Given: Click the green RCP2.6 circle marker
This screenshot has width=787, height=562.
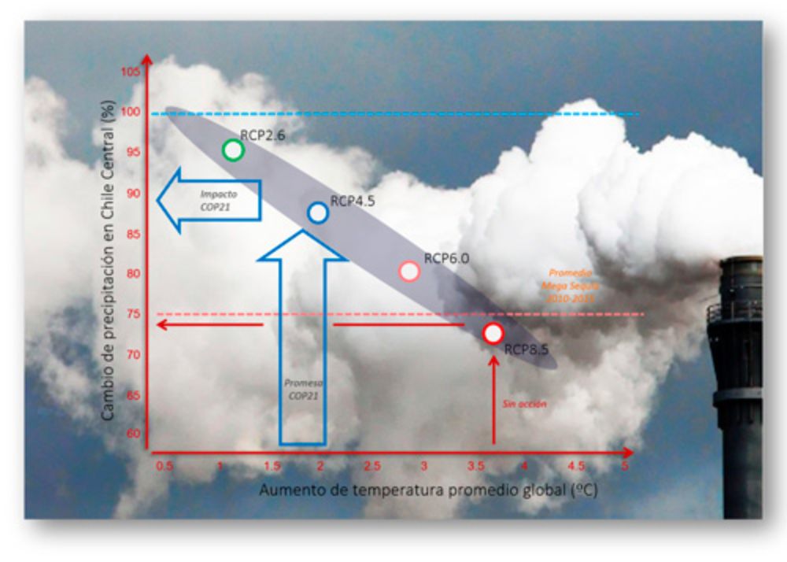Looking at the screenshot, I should point(232,150).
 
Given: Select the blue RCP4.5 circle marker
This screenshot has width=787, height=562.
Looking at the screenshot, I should point(318,213).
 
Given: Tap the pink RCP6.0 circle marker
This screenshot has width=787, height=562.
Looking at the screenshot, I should point(409,272).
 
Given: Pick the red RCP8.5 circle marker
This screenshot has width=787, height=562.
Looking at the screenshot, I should point(493,333).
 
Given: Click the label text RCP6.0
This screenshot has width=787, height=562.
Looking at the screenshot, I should point(446,257).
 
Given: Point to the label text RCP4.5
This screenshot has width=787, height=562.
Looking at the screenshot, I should point(353,201).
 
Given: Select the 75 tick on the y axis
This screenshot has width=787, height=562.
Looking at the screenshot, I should point(133,314).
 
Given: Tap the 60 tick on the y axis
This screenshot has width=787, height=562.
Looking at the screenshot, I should point(133,434).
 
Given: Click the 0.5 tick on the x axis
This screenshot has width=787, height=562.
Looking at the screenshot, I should point(164,466).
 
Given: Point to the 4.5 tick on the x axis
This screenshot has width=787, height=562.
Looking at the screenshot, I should point(576,466).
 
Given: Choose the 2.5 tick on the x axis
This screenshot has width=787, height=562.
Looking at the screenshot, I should point(372,466).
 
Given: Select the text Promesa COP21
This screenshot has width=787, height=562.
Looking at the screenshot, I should point(303,390).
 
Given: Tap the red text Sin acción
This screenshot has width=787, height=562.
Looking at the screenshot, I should point(524,404).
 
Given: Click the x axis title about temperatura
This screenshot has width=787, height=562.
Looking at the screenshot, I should point(429,490).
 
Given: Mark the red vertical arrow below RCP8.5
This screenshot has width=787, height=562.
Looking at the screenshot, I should point(494,401).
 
